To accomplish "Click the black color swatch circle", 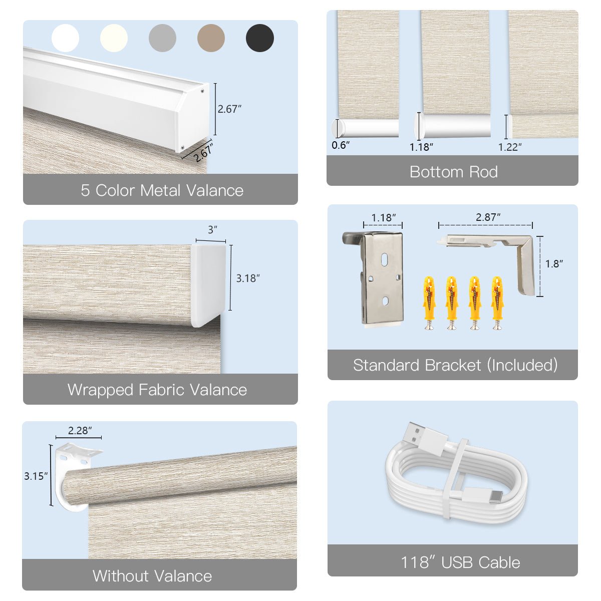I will [260, 38].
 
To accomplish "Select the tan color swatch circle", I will [211, 38].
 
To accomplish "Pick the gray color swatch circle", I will [162, 38].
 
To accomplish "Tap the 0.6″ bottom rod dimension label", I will [340, 145].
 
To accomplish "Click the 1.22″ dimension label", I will [510, 147].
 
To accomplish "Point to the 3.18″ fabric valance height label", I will [248, 278].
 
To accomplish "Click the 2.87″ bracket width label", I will [488, 217].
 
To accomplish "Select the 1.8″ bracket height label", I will [554, 263].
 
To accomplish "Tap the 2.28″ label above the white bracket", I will [80, 430].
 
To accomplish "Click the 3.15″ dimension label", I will [36, 476].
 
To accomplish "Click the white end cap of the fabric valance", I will [208, 284].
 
